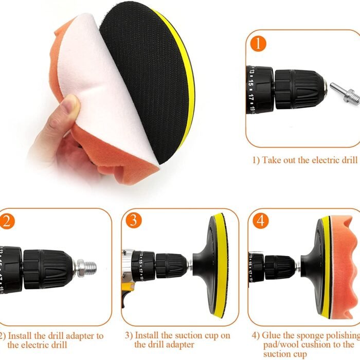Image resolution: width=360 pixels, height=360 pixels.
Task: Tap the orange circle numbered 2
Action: (x=6, y=221)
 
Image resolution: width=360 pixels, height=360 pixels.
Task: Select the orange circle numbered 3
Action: (x=133, y=221)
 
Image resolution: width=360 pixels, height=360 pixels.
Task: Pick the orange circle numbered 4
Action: (x=261, y=221)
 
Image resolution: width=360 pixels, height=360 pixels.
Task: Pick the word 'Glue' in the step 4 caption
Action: (x=272, y=335)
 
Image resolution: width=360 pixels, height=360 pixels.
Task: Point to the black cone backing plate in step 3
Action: (x=204, y=267)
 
